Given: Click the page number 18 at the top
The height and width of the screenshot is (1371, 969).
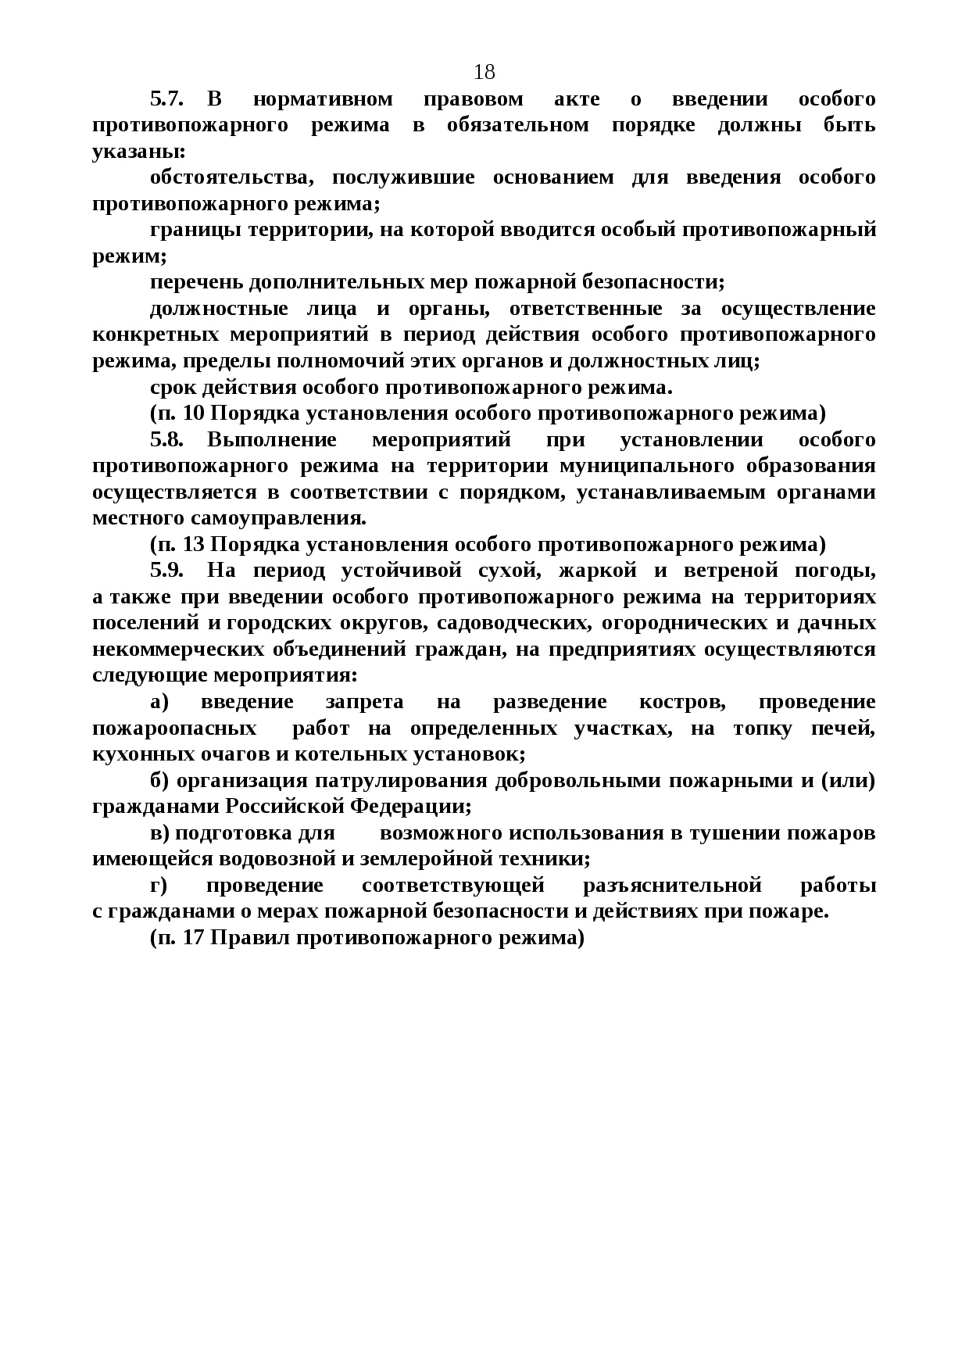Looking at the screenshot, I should click(x=484, y=73).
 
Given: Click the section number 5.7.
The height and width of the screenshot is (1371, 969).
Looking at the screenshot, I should click(x=166, y=99).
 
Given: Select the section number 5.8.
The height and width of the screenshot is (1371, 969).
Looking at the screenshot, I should click(x=166, y=439).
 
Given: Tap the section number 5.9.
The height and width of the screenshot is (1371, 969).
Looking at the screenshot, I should click(x=166, y=571).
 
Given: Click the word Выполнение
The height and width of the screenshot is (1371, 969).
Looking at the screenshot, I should click(x=272, y=439).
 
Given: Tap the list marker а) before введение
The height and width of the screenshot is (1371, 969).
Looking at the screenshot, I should click(x=159, y=702).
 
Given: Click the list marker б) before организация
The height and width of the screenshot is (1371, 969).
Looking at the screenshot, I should click(x=160, y=781).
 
